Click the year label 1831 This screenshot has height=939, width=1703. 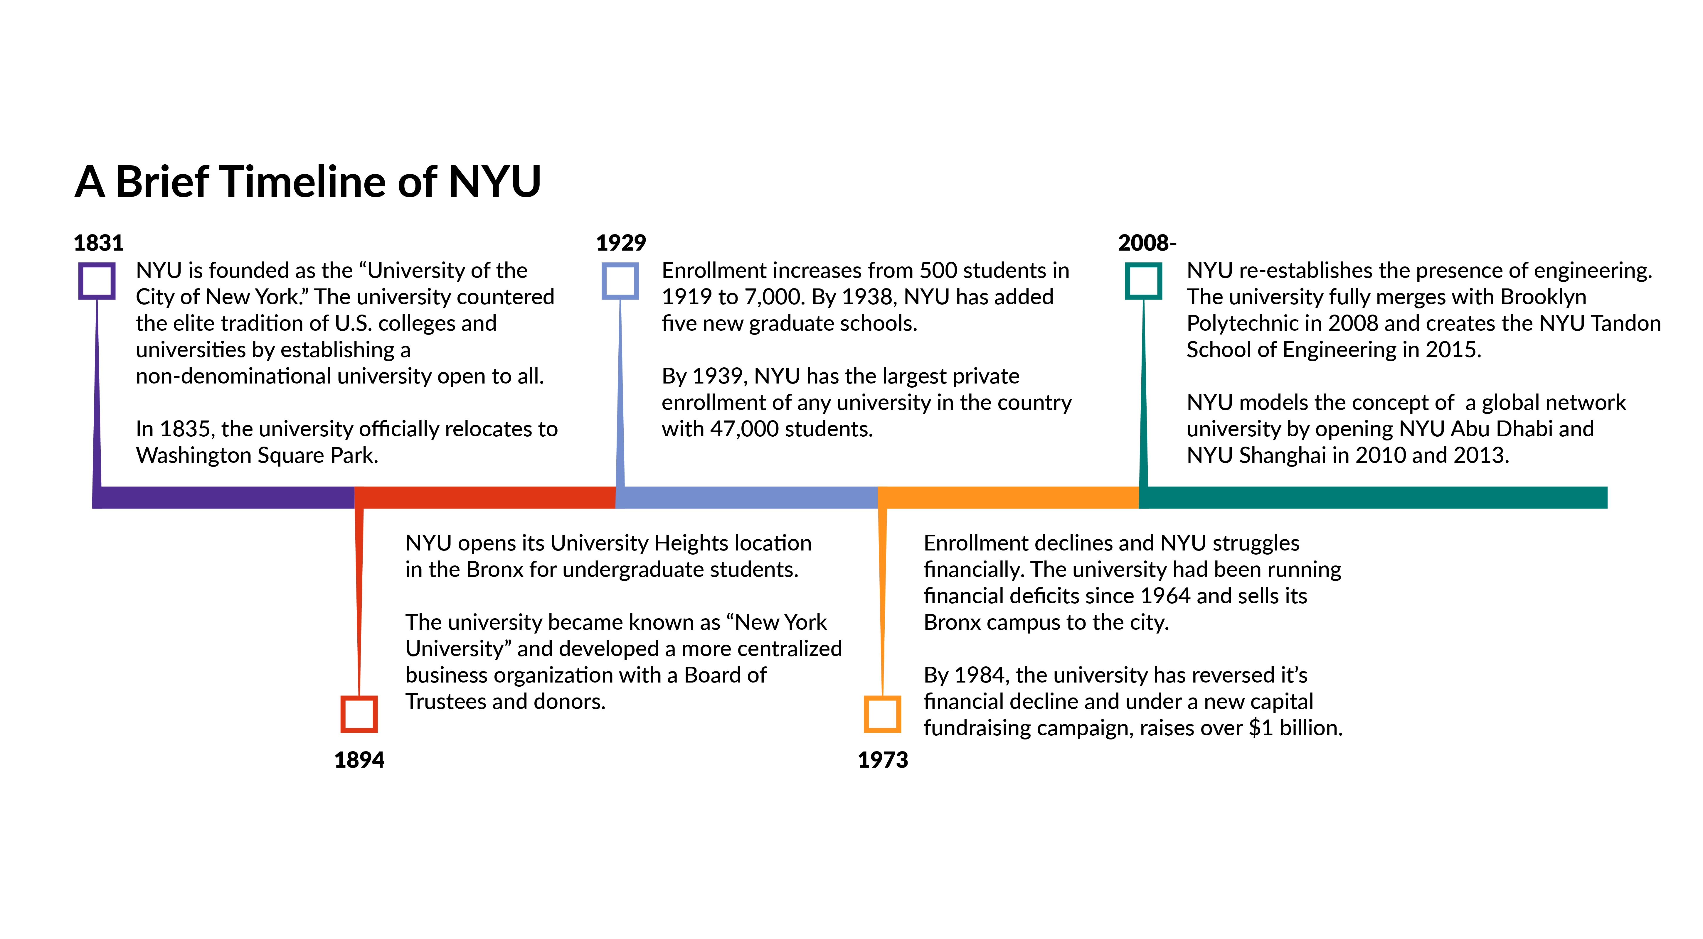[x=98, y=243]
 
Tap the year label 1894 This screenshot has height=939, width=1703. [x=359, y=760]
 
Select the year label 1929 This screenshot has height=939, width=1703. [x=621, y=243]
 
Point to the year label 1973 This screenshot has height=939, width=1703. [x=883, y=760]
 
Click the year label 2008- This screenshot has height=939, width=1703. [x=1147, y=243]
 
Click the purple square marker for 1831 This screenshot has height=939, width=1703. [x=97, y=281]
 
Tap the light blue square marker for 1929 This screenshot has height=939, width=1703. [x=620, y=281]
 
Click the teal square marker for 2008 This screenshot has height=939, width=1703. [x=1144, y=281]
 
